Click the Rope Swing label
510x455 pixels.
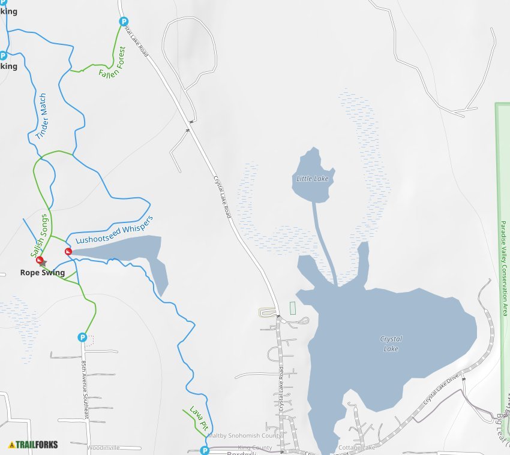[42, 273]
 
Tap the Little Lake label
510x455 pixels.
[313, 179]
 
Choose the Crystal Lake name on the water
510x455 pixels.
[391, 343]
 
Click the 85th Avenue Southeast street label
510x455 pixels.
[86, 389]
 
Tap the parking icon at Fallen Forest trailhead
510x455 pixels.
[124, 22]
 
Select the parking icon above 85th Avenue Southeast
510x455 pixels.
[82, 338]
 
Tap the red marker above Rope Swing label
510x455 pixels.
[40, 261]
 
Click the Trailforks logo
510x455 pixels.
[33, 445]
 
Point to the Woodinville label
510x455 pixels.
[103, 448]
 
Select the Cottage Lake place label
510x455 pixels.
[356, 448]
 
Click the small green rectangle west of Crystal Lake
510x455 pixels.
[293, 308]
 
